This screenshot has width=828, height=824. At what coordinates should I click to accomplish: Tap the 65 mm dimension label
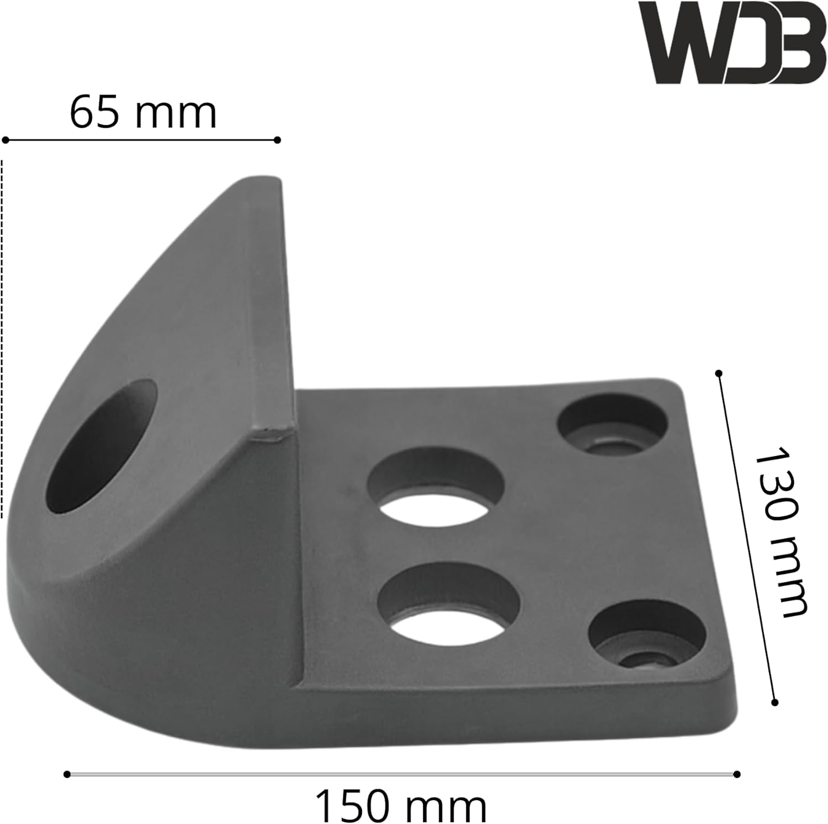click(x=143, y=113)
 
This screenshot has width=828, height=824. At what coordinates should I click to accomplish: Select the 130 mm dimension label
click(x=779, y=533)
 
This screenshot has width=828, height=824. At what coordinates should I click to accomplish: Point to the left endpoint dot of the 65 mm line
click(x=6, y=140)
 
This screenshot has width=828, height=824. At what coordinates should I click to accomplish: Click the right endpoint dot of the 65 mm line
click(x=277, y=140)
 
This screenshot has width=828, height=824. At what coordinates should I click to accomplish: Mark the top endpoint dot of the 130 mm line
click(x=718, y=374)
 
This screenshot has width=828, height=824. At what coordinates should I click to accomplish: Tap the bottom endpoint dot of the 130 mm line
click(x=774, y=702)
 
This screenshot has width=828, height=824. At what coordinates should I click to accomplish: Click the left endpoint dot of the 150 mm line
click(x=67, y=774)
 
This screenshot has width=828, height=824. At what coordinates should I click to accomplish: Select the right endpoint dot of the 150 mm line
click(x=737, y=774)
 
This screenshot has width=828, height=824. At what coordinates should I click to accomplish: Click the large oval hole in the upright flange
click(x=102, y=448)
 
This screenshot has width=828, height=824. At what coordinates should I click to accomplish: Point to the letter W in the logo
click(x=682, y=43)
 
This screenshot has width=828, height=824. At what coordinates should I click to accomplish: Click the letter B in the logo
click(x=795, y=43)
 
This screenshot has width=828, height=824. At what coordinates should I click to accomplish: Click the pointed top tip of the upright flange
click(x=259, y=180)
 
